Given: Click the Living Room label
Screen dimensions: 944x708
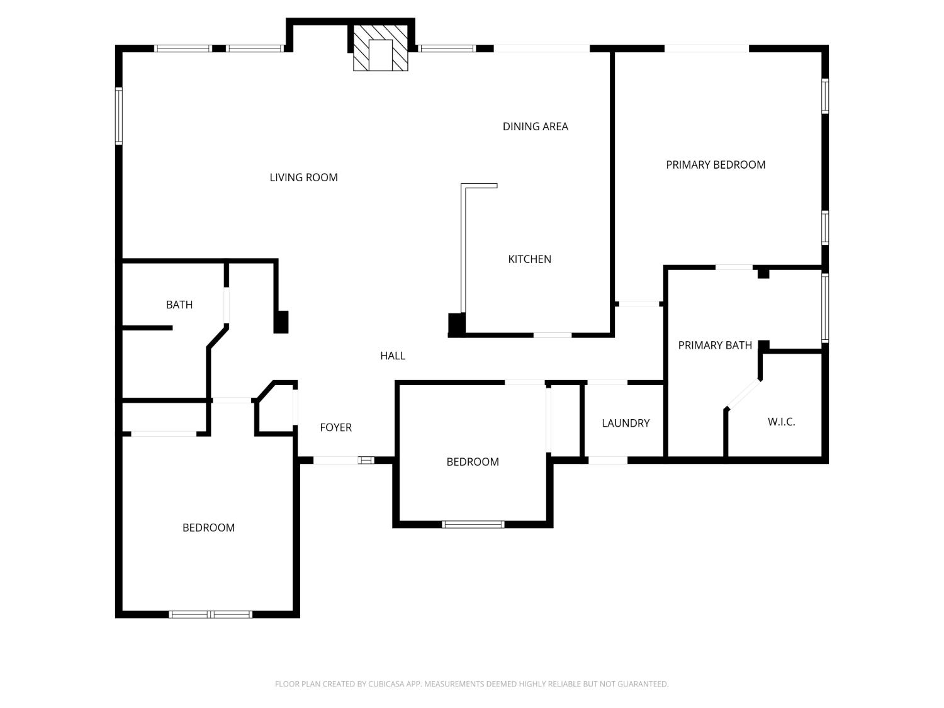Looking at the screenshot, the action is pyautogui.click(x=303, y=177).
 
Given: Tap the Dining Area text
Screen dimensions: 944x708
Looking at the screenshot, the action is pyautogui.click(x=536, y=126).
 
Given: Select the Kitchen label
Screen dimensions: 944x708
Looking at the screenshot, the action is pyautogui.click(x=529, y=259).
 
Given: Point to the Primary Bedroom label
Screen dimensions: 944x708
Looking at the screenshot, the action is pyautogui.click(x=716, y=165).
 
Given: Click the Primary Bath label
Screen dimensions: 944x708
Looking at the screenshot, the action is pyautogui.click(x=715, y=345).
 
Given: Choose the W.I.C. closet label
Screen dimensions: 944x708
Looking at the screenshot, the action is pyautogui.click(x=781, y=422).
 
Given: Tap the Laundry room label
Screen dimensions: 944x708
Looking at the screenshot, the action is pyautogui.click(x=626, y=423).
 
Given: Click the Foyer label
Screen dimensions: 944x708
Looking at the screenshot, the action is pyautogui.click(x=336, y=427).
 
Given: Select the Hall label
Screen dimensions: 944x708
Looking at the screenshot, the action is pyautogui.click(x=393, y=356).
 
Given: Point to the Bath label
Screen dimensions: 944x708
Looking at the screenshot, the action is pyautogui.click(x=179, y=305).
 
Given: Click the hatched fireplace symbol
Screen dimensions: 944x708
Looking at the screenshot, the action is pyautogui.click(x=380, y=48).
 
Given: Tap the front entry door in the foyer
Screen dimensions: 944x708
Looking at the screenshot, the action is pyautogui.click(x=344, y=461).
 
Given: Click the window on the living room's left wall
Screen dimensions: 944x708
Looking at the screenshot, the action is pyautogui.click(x=119, y=116).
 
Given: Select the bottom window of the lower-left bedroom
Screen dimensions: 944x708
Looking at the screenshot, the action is pyautogui.click(x=210, y=614).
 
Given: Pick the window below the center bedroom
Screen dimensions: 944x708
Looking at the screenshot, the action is pyautogui.click(x=473, y=524).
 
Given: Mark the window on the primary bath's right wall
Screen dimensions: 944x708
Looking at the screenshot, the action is pyautogui.click(x=825, y=308).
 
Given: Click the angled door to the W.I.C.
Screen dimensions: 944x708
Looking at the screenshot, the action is pyautogui.click(x=743, y=394).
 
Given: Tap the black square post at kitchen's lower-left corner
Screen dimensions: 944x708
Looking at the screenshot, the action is pyautogui.click(x=456, y=325).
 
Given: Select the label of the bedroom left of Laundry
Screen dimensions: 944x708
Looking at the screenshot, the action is pyautogui.click(x=473, y=462).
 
